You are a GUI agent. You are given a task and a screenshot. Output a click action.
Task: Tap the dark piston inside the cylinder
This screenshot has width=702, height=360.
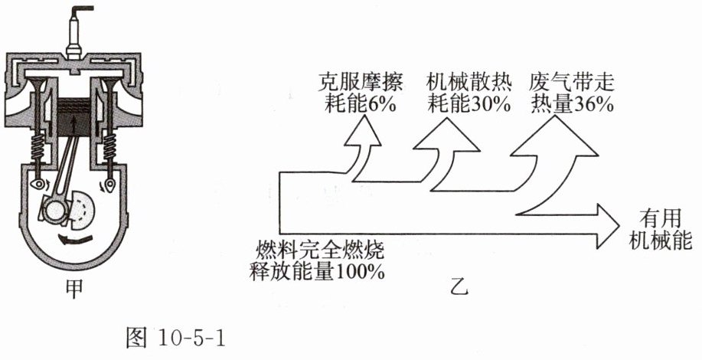(x=75, y=116)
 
